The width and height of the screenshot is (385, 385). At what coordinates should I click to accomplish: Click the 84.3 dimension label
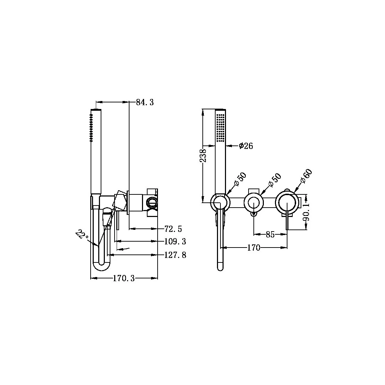145,102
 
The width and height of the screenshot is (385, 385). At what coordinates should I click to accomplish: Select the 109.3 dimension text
175,242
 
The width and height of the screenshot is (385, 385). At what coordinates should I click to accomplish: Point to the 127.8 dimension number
175,255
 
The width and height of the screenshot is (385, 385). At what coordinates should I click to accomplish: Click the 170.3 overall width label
124,278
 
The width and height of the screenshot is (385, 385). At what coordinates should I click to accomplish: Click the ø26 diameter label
246,146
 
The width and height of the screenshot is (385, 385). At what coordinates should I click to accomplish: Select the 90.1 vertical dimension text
306,212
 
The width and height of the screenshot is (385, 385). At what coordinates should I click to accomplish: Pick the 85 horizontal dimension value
270,235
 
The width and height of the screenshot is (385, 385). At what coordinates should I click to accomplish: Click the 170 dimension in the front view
253,248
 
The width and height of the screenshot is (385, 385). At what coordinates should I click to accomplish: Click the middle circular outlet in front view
254,202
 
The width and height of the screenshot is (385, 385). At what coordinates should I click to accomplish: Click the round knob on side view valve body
152,202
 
